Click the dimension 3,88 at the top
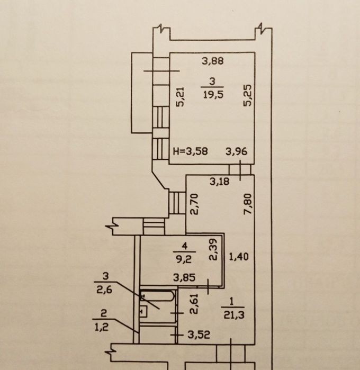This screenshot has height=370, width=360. click(x=213, y=61)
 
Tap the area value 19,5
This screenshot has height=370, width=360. click(x=213, y=95)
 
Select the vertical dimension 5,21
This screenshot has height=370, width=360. click(x=181, y=97)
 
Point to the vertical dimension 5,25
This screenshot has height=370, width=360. click(x=248, y=96)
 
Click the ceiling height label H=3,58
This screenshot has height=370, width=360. click(x=191, y=151)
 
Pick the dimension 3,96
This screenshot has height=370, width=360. click(x=236, y=151)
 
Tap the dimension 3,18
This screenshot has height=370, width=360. click(x=220, y=182)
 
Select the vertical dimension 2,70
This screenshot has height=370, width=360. click(x=194, y=204)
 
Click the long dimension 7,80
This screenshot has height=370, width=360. click(x=248, y=204)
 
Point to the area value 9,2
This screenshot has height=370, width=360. click(x=184, y=259)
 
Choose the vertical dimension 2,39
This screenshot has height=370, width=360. click(x=213, y=250)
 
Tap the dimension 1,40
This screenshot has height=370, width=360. click(x=239, y=256)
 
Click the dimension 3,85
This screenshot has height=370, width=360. click(x=184, y=277)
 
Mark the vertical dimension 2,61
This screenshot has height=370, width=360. click(x=194, y=304)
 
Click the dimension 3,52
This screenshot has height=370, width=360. click(x=199, y=335)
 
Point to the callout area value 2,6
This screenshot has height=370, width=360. click(x=104, y=290)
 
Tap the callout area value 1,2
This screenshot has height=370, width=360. click(x=102, y=327)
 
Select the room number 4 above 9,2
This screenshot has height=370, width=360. click(x=185, y=246)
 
